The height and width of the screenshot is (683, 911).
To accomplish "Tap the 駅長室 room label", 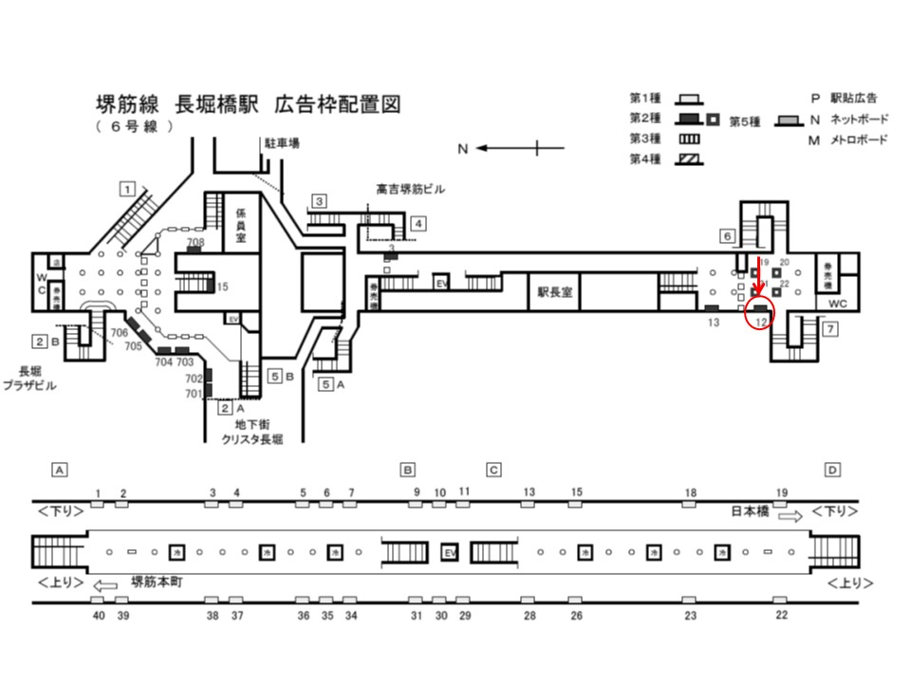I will (x=554, y=293).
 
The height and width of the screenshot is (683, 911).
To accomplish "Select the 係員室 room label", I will (x=241, y=226).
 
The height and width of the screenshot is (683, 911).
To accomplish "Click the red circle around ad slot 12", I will (x=760, y=313).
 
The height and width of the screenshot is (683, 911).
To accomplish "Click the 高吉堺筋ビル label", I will (x=410, y=190).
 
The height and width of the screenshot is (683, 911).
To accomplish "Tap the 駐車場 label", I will (x=282, y=143).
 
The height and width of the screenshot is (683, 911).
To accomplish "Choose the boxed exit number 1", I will (x=125, y=188).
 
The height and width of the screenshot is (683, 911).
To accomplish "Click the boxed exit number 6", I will (x=727, y=235).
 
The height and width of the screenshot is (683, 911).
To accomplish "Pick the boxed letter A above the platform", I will (x=60, y=470).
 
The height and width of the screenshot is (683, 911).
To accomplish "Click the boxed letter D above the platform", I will (x=831, y=470).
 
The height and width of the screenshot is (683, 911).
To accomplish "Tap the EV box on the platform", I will (x=450, y=552).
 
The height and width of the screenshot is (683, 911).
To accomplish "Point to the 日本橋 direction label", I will (x=749, y=511).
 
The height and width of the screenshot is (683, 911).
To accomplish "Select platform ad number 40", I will (x=99, y=617).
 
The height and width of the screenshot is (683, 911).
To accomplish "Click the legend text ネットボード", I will (x=858, y=120).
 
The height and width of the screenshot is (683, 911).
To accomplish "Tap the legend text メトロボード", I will (x=858, y=141).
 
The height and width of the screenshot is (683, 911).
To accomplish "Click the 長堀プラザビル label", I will (x=29, y=379).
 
